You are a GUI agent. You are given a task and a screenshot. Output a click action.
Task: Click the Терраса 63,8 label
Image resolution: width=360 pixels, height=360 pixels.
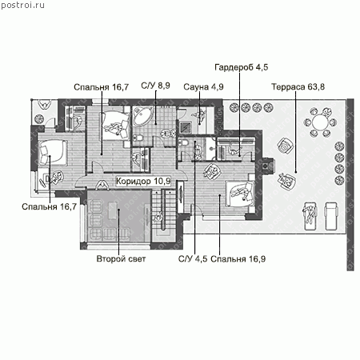pos(298,87)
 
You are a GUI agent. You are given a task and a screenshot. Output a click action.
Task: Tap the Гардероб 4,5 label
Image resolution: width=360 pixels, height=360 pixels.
pos(241,67)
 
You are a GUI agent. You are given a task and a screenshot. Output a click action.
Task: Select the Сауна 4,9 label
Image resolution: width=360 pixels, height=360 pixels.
pos(203,87)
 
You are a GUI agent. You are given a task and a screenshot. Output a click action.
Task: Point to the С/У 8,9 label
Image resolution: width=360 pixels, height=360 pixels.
pos(155,86)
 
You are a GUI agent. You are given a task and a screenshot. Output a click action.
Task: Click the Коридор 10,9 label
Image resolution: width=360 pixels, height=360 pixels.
pos(143,181)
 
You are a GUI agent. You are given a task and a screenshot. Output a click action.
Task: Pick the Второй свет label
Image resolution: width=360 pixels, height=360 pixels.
pos(121,258)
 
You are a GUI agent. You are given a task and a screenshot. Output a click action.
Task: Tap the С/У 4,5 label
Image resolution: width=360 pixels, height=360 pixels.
pos(193,259)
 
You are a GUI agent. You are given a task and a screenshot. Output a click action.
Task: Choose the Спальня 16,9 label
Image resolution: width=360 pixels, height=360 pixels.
pos(238,259)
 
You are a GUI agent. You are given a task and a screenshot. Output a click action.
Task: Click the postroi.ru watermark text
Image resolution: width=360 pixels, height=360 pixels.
pos(22,6)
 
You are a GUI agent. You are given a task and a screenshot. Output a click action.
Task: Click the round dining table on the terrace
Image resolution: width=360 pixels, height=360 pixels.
pos(320,122)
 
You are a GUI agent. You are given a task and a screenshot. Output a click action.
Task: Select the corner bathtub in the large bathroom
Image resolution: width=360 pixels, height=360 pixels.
pos(142,116)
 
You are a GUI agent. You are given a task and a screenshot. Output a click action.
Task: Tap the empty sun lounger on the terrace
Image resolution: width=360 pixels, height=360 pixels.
pos(331,216)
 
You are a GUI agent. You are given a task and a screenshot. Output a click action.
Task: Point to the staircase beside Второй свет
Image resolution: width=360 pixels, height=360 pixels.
pos(164,214)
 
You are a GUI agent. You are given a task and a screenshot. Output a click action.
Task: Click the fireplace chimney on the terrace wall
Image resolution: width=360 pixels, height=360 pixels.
pos(267,166)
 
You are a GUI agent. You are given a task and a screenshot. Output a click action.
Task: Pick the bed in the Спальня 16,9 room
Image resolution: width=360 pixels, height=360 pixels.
pos(240,194)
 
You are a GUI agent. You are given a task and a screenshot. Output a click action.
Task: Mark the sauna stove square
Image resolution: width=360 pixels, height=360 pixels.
pos(185,127)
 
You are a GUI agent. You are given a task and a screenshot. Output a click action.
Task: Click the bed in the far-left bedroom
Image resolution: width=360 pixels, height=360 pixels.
pos(52,152)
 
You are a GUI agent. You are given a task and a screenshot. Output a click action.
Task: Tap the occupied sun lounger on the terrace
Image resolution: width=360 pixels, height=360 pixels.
pos(310,216)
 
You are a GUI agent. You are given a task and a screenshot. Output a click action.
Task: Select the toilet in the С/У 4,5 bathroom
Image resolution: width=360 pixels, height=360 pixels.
pos(183,142)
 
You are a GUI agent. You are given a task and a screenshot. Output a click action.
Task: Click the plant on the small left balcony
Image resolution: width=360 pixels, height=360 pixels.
pos(39,119)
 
